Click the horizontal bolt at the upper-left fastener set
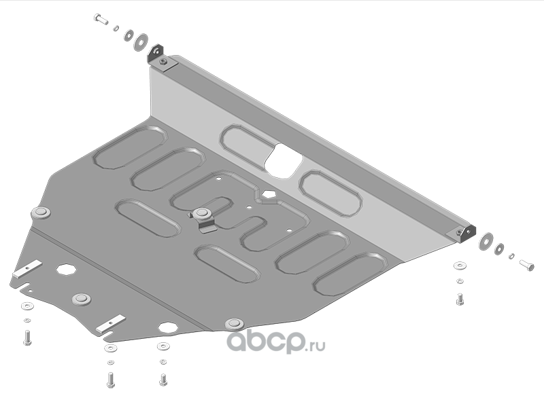tap(101, 19)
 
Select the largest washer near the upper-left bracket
tap(141, 42)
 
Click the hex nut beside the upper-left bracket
tap(163, 62)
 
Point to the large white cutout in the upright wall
tap(283, 161)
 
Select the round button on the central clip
tap(201, 213)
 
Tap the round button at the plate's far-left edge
tap(41, 213)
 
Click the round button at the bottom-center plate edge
tap(235, 325)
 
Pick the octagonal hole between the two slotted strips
tap(66, 269)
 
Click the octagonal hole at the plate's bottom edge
tap(168, 327)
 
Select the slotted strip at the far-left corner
tap(27, 268)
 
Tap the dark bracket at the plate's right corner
tap(466, 234)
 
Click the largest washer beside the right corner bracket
tap(486, 241)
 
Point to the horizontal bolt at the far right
tap(526, 265)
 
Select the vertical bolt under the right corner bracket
tap(460, 299)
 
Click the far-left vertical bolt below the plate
tap(27, 337)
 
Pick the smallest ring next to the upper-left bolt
tap(116, 28)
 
